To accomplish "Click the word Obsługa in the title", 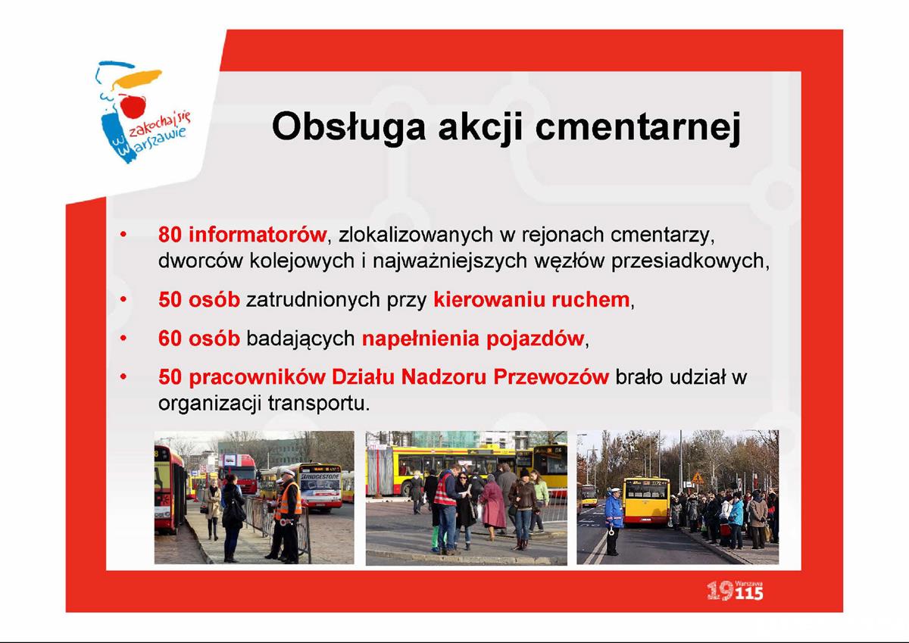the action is tap(349, 126).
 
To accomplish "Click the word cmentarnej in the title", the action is tap(638, 126).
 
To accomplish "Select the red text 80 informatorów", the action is tap(242, 235).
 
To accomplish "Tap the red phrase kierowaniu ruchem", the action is tap(531, 300).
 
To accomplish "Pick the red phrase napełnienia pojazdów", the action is tap(473, 339).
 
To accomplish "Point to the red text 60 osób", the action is tap(198, 339).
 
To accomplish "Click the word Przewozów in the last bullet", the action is tap(551, 377).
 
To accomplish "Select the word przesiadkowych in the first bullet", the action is tap(689, 261).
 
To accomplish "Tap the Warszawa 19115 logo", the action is tap(735, 591).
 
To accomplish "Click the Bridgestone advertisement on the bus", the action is tap(320, 476).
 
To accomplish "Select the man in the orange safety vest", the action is tap(287, 516).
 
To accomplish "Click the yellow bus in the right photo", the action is tap(646, 502).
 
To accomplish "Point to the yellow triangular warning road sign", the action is tap(698, 479).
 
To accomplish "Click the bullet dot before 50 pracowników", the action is tap(123, 377).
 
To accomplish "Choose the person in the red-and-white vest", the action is tap(445, 510).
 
